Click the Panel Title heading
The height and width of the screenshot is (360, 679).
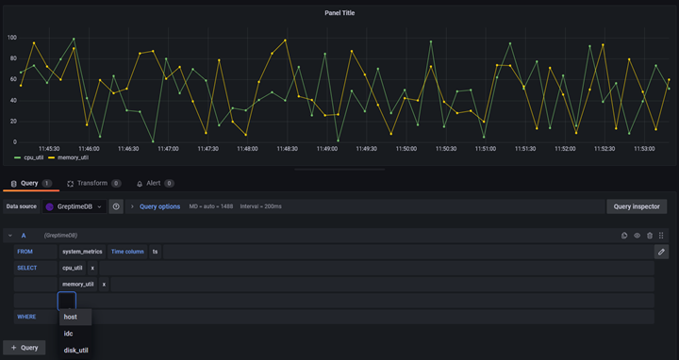tap(339, 13)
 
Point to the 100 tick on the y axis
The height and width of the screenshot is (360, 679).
tap(12, 38)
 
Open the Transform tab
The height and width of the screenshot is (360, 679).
tap(92, 184)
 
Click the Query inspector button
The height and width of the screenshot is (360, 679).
tap(637, 206)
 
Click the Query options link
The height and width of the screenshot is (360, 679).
tap(159, 206)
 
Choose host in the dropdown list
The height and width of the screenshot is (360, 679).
tap(71, 317)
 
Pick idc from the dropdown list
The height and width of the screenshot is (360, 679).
tap(69, 334)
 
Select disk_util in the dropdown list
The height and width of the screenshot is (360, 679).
tap(76, 351)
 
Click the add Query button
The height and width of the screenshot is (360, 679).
tap(24, 348)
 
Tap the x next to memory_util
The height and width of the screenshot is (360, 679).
tap(104, 284)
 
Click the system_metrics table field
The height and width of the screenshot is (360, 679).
tap(82, 252)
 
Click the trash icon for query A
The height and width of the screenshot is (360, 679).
tap(650, 236)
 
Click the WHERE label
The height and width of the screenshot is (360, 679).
tap(26, 317)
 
